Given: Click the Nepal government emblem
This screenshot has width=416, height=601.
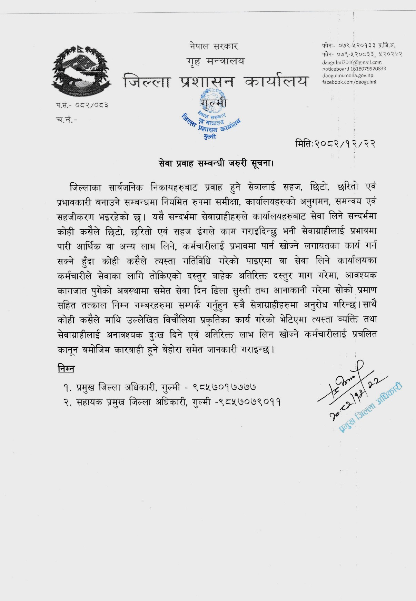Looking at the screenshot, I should (81, 72).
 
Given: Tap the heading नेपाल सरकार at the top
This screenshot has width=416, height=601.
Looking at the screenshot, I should (214, 46).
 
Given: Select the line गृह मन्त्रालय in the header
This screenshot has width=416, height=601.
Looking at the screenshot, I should (215, 61).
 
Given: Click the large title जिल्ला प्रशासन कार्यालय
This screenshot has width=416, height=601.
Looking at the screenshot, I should (215, 81).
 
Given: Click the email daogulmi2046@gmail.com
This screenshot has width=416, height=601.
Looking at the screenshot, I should (352, 62).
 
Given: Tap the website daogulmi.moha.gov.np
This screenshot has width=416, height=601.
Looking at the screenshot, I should (348, 75).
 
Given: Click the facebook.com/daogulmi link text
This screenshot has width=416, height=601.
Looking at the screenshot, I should (349, 82).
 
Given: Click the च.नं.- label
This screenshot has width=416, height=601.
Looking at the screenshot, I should (66, 120).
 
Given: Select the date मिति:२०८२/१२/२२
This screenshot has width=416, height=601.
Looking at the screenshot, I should (335, 143).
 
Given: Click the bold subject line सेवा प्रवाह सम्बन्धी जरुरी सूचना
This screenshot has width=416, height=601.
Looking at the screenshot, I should (216, 164).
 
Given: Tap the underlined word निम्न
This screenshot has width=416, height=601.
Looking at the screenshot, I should (66, 369).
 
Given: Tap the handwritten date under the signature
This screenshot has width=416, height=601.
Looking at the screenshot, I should (355, 396).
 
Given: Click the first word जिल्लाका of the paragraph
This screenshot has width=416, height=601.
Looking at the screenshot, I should (85, 187).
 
